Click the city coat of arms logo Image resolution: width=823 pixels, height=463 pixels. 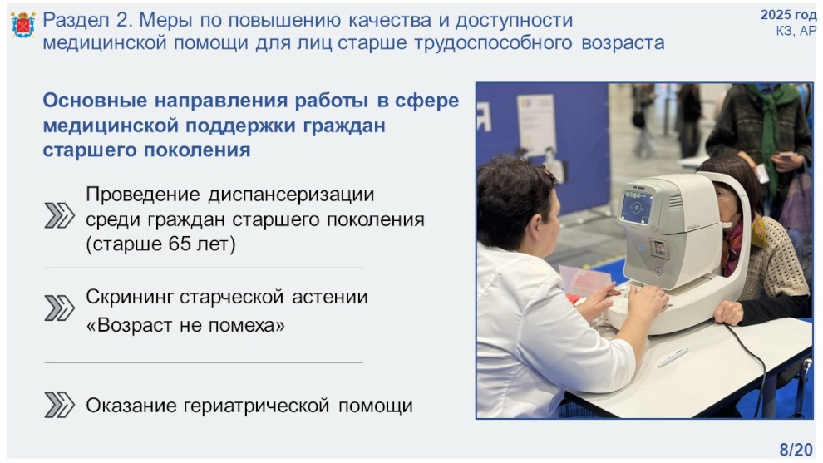click(x=23, y=25)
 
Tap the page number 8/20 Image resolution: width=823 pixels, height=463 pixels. click(x=796, y=450)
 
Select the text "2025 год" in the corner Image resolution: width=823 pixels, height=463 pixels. click(x=788, y=15)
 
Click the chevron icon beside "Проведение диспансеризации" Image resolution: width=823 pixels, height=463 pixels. click(x=59, y=215)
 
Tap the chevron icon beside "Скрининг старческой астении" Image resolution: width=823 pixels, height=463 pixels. click(x=59, y=308)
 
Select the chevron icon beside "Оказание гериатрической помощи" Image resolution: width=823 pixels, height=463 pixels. click(x=59, y=405)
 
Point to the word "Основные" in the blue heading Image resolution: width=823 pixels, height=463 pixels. click(x=95, y=101)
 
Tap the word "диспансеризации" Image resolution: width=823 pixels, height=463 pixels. click(x=291, y=195)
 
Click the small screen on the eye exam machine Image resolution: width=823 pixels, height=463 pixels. click(x=637, y=207)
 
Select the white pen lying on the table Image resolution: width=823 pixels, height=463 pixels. click(x=673, y=357)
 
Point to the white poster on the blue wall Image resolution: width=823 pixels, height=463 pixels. click(x=536, y=124)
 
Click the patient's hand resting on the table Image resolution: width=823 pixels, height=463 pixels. click(x=728, y=313)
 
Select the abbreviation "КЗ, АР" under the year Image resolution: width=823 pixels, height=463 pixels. click(x=796, y=31)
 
